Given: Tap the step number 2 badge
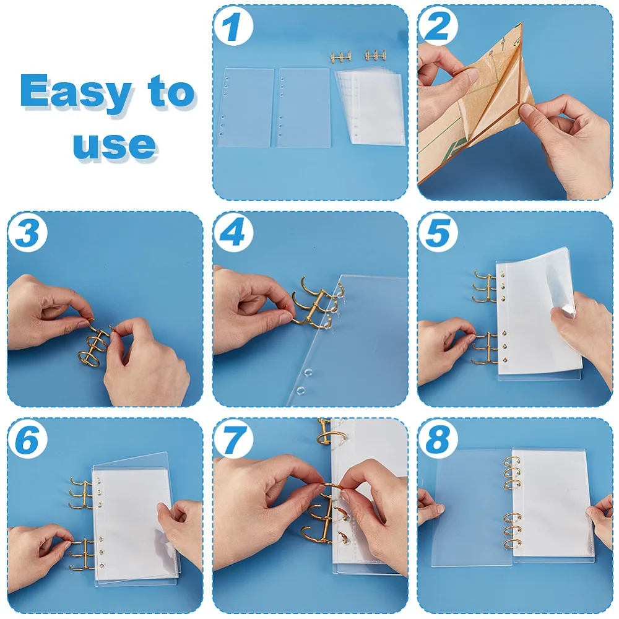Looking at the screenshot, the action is [438, 26].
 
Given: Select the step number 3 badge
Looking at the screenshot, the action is [28, 233].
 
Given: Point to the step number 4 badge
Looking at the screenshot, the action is [233, 233].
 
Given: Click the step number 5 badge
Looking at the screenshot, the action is [438, 233].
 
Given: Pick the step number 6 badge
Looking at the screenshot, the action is [28, 439].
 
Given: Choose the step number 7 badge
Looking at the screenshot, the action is [233, 439].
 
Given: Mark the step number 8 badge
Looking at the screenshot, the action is [438, 439].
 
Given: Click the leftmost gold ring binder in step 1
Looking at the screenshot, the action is [342, 56].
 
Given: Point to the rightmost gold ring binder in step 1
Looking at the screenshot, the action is [374, 55].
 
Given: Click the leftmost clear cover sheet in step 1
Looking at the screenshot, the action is [245, 107].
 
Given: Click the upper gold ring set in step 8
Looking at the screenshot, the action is [512, 474].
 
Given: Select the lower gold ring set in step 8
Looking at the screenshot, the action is [512, 531].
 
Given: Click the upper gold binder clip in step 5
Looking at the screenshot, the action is [485, 286].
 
